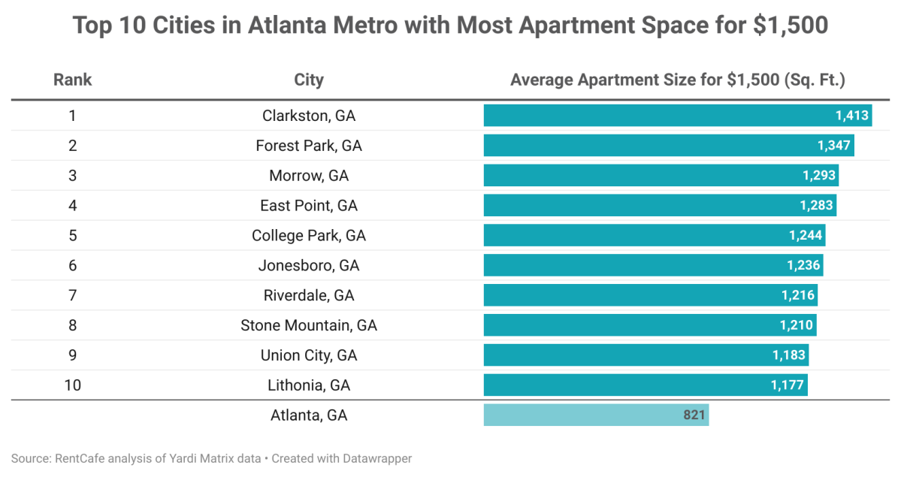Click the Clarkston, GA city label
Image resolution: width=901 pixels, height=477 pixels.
(309, 116)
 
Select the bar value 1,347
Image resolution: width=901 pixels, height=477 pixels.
(834, 146)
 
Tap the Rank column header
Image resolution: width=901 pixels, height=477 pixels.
(72, 80)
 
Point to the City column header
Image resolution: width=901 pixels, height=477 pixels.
(309, 80)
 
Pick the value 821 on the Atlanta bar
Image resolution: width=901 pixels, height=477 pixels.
(694, 415)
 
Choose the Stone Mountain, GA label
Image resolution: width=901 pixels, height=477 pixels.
(309, 325)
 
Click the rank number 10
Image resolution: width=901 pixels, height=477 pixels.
(72, 385)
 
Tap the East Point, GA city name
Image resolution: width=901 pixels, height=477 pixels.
(309, 206)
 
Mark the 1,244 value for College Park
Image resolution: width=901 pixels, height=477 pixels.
(806, 236)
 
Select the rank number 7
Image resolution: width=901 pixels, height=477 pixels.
(72, 295)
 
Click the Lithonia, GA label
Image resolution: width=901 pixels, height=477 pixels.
(309, 385)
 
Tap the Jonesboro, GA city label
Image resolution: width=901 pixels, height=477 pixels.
(309, 265)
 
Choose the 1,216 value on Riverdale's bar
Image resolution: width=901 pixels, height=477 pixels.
(797, 295)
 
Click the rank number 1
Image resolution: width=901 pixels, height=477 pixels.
(72, 116)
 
